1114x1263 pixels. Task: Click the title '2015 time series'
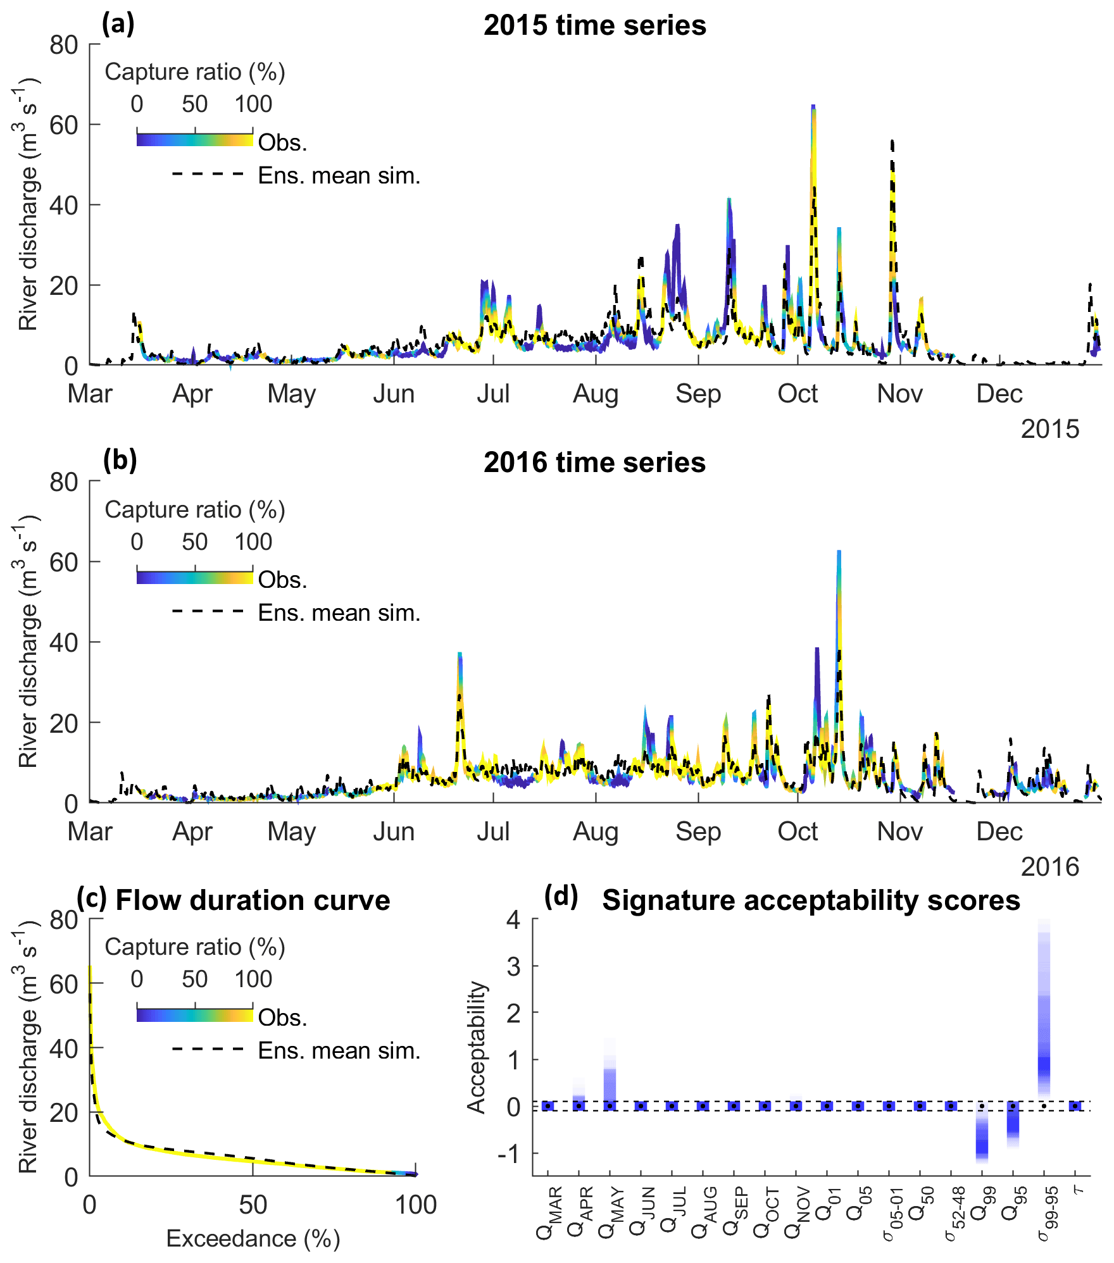594,26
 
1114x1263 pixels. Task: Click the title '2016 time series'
594,463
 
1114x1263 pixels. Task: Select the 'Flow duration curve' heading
253,900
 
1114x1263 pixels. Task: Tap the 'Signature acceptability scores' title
811,900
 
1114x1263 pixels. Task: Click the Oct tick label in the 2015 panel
798,394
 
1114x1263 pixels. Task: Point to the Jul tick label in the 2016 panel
493,831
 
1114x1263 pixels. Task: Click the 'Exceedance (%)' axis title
253,1239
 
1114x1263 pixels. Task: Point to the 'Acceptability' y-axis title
475,1047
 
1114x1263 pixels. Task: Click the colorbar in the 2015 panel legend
194,140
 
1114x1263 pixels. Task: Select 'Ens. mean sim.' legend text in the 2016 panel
339,613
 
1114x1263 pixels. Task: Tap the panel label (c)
91,899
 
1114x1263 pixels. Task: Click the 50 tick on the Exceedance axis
253,1205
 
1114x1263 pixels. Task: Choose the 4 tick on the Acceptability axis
513,919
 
